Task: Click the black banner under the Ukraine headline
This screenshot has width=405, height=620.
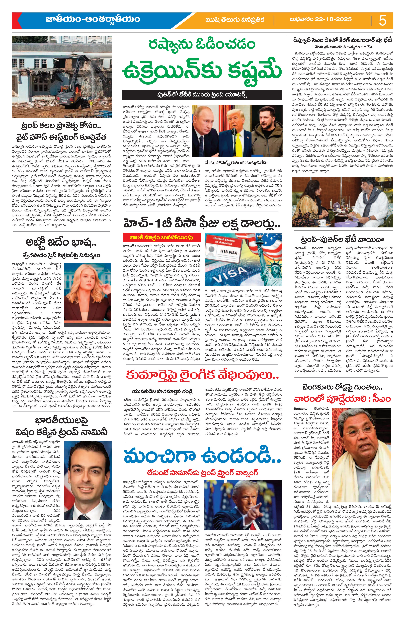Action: click(202, 95)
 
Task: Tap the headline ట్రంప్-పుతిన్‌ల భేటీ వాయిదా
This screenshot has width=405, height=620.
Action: click(342, 239)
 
